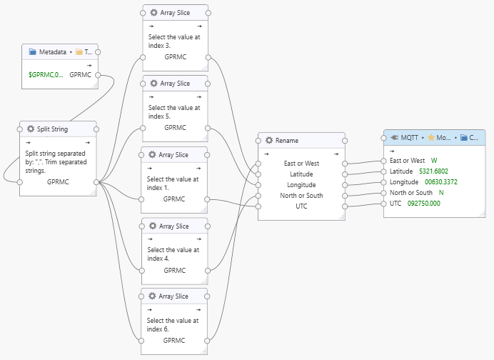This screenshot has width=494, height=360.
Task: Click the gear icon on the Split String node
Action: click(x=31, y=129)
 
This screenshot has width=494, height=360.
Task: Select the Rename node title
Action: click(x=286, y=141)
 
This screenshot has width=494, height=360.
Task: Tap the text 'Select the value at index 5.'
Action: click(x=174, y=111)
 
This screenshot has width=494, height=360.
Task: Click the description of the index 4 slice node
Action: click(x=173, y=254)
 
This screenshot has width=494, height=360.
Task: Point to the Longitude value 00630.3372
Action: click(x=441, y=181)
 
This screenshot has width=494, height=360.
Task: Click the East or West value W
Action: click(x=434, y=161)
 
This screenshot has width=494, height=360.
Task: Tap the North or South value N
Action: click(x=441, y=192)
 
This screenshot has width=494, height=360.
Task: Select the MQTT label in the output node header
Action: click(x=409, y=138)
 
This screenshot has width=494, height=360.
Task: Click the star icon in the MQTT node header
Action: click(x=431, y=138)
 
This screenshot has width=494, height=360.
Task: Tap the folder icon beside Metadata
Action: click(x=32, y=51)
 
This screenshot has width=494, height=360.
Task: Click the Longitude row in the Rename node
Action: click(x=301, y=184)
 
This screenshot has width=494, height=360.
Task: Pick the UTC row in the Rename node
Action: click(x=301, y=206)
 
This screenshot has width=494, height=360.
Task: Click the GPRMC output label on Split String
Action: click(x=57, y=181)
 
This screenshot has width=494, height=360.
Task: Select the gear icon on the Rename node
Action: click(x=269, y=141)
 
